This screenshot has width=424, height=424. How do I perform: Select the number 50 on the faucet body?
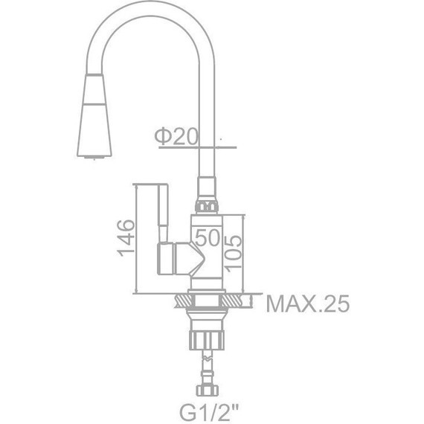(209, 238)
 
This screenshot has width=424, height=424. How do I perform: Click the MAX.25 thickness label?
(307, 304)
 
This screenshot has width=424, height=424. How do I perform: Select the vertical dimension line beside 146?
(139, 238)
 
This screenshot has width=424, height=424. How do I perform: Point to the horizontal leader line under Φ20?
(190, 147)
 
